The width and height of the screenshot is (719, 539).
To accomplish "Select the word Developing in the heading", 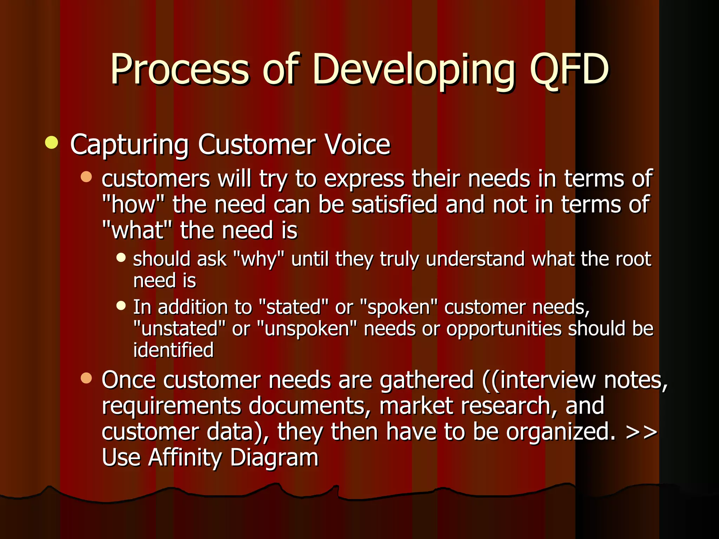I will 414,70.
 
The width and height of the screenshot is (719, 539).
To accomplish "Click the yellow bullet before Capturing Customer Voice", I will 52,143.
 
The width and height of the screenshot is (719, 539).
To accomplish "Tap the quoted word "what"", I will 137,231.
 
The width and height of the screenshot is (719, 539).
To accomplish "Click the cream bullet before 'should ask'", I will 121,258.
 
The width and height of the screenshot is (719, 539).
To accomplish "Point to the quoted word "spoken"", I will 399,308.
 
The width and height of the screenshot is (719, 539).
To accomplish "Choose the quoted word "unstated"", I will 179,329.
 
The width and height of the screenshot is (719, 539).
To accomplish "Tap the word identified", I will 173,350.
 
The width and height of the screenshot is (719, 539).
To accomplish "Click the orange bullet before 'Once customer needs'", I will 86,378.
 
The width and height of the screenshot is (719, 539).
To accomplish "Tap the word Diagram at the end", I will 274,458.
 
